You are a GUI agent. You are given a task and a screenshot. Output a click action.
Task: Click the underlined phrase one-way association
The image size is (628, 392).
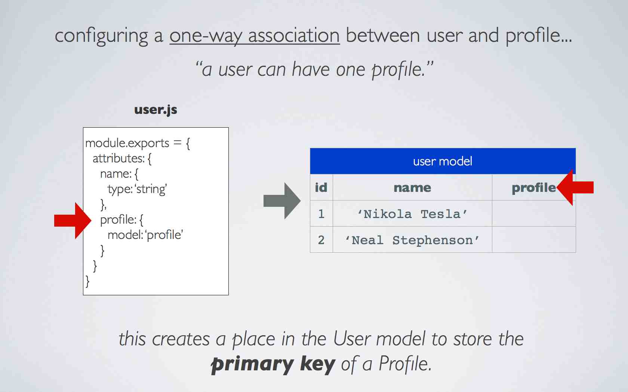255,36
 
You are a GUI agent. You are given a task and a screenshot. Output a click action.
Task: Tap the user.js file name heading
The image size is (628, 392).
156,110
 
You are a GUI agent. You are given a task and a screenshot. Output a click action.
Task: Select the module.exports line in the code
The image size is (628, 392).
138,143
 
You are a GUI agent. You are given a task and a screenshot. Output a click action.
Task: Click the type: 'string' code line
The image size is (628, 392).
138,189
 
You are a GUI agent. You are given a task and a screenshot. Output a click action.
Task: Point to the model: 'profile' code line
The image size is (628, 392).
145,235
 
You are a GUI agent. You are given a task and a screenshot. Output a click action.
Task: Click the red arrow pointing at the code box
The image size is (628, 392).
73,221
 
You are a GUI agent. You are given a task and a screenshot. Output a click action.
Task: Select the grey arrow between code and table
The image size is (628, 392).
282,201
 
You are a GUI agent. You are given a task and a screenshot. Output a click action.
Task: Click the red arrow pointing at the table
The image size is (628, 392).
575,187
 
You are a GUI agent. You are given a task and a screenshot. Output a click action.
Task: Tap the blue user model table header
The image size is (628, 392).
443,161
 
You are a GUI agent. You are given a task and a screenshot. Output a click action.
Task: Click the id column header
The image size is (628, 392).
321,187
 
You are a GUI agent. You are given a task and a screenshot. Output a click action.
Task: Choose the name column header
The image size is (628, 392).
412,187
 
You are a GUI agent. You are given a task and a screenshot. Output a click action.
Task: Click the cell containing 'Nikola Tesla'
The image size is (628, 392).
412,214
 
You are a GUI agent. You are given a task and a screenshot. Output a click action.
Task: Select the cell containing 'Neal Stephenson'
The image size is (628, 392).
412,240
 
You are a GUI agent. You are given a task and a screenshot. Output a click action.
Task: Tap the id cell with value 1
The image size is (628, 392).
321,214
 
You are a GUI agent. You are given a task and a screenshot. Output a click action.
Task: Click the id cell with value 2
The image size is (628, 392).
321,240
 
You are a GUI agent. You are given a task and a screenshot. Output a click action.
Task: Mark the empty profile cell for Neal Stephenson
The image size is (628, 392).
534,240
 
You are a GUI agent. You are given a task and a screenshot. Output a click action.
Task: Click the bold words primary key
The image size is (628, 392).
273,364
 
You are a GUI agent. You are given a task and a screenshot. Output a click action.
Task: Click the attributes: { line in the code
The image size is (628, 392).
122,159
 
